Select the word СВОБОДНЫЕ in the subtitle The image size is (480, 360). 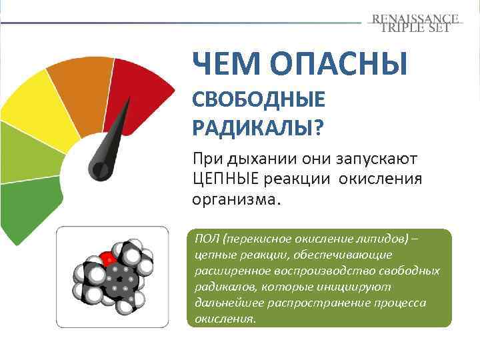point(259,100)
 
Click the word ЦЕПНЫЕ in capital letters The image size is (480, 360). point(225,179)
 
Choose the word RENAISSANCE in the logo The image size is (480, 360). point(415,19)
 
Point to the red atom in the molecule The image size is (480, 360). point(107,257)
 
